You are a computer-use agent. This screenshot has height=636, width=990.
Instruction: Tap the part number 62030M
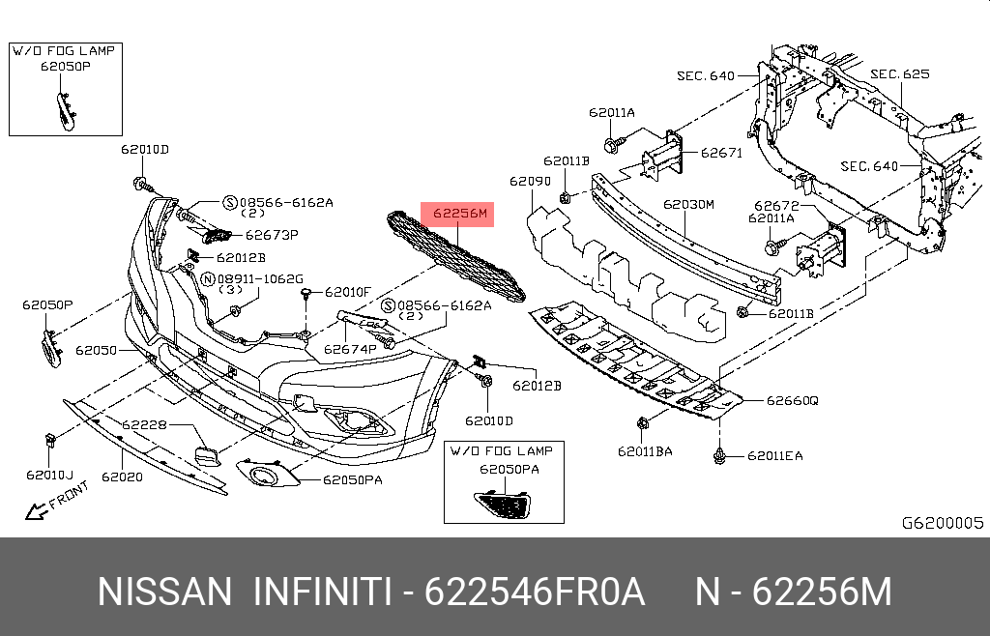point(687,205)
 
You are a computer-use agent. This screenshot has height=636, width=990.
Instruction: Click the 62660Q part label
point(792,400)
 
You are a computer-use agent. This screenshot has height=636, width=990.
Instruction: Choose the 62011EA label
point(773,455)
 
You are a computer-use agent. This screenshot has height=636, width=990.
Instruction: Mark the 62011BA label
point(647,451)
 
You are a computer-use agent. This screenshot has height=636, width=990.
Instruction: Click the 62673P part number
point(271,234)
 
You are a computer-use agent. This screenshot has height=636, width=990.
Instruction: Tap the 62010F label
point(347,291)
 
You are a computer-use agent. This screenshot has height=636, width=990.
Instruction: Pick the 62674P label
point(350,349)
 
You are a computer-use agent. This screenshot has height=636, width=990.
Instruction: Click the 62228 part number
point(144,424)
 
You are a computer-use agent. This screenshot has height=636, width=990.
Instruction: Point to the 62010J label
point(49,475)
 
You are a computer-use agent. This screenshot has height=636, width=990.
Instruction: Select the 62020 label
point(122,477)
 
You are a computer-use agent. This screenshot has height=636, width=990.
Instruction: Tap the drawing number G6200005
point(942,523)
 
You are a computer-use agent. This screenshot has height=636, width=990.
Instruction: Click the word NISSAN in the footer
point(164,592)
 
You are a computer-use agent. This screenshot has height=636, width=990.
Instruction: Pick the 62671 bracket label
point(720,153)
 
